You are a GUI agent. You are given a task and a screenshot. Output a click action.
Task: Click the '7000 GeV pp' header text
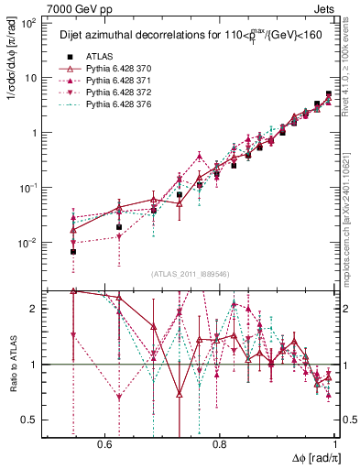click(39, 7)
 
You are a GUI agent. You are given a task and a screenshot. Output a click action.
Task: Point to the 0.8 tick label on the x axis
click(220, 443)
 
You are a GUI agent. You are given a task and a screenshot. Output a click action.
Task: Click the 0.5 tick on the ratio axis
click(30, 420)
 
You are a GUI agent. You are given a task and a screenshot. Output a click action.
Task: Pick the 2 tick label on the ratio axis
click(35, 309)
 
